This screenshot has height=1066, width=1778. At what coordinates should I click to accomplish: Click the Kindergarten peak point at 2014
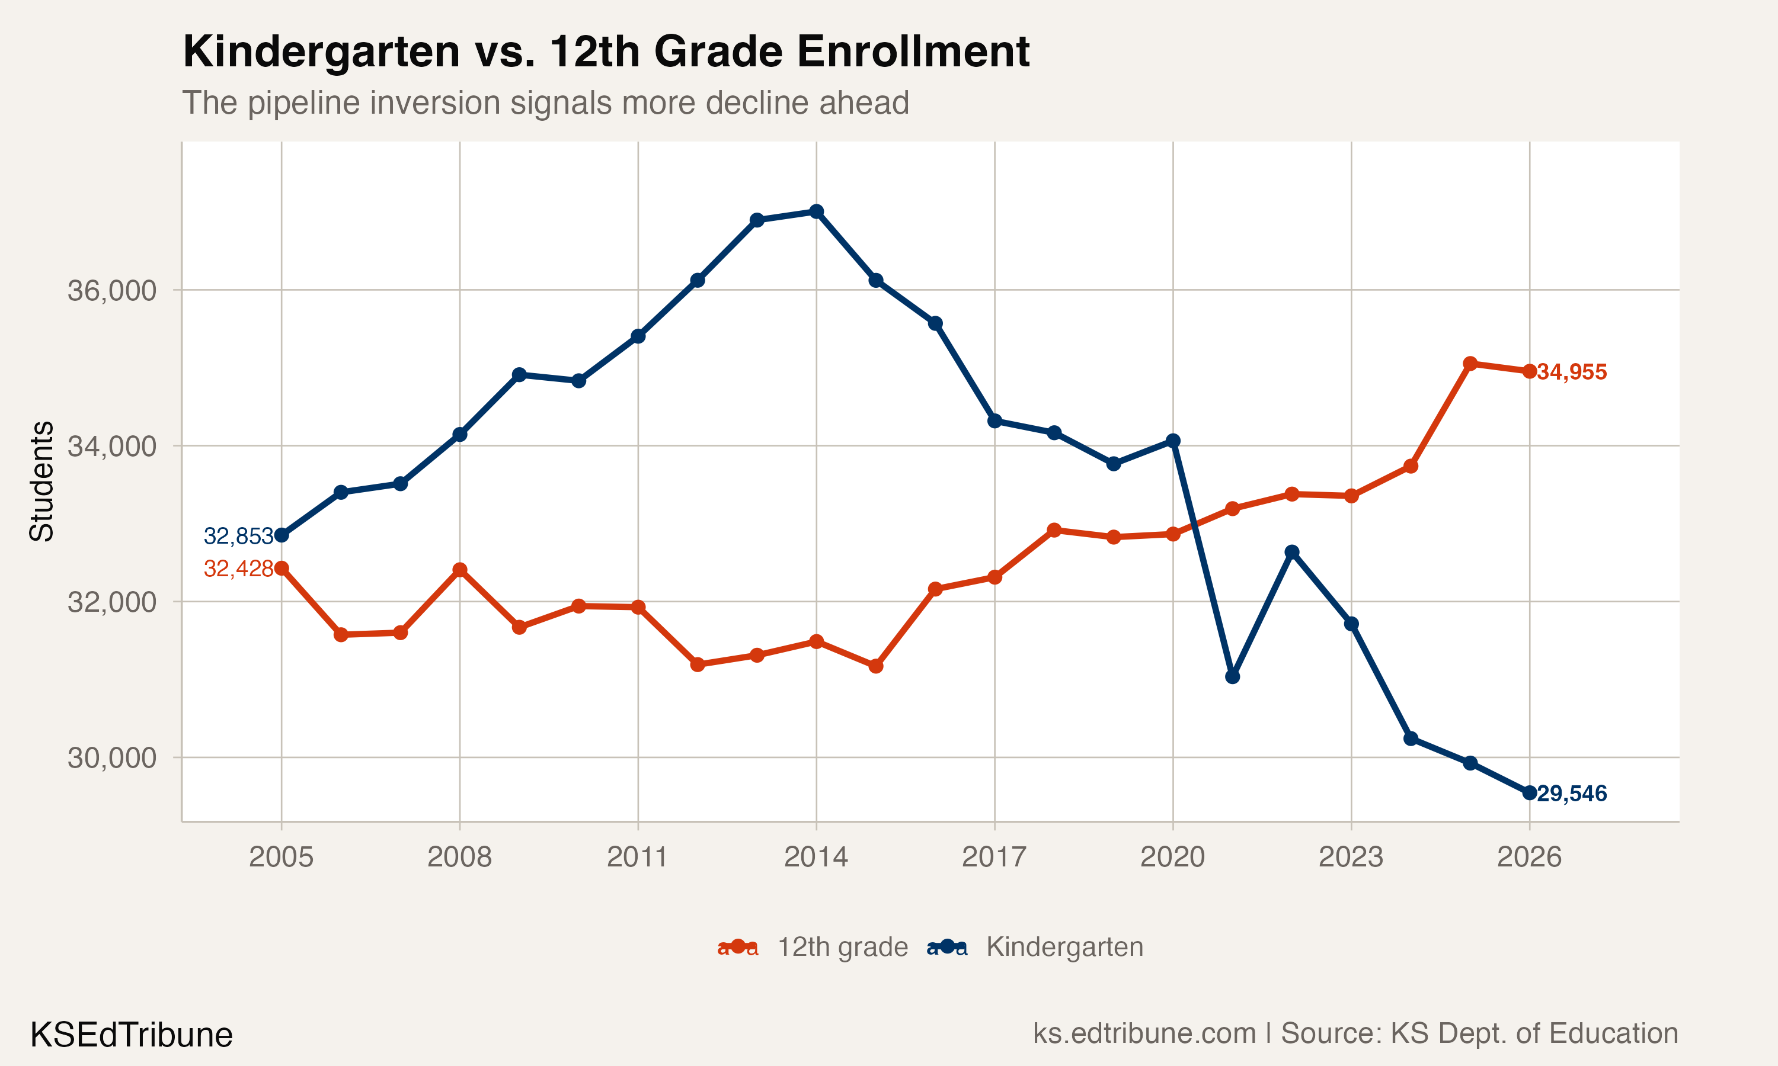[x=817, y=211]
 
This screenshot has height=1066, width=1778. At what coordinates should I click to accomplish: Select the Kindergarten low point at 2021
[x=1233, y=677]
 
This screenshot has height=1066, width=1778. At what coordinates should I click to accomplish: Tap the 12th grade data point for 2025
[x=1470, y=364]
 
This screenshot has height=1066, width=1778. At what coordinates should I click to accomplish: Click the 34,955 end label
[x=1572, y=372]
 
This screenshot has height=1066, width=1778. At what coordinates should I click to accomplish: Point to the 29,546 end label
[x=1572, y=794]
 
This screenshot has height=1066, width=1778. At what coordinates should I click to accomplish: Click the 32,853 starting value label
[x=238, y=536]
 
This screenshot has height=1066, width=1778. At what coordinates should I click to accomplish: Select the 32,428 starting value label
[x=238, y=569]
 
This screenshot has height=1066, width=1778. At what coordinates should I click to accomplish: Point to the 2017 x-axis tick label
[x=994, y=857]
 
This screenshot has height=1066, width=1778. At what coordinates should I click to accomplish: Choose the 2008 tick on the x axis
[x=459, y=857]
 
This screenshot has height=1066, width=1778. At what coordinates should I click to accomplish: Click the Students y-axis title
[x=41, y=481]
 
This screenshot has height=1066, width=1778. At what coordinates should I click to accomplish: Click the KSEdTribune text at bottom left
[x=132, y=1035]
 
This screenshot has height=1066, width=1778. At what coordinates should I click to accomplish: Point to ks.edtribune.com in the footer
[x=1144, y=1033]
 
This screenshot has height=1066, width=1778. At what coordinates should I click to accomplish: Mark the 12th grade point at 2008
[x=460, y=570]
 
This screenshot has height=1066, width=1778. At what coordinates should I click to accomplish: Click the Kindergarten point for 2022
[x=1292, y=552]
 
